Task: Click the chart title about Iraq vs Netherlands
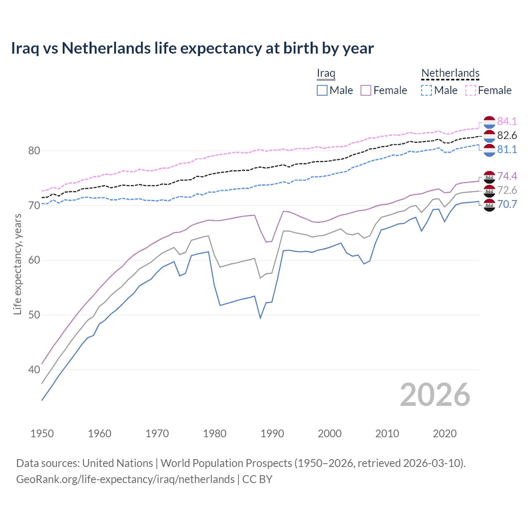click(192, 48)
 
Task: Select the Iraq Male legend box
click(322, 90)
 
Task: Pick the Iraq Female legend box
click(366, 90)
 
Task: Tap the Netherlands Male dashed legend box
click(427, 90)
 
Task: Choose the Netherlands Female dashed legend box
click(471, 90)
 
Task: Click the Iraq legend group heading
click(326, 73)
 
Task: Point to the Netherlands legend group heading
click(450, 73)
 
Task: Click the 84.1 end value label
click(507, 121)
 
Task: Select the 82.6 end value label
click(507, 135)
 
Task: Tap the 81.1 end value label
click(507, 149)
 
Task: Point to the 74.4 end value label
click(507, 176)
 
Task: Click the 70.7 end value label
click(507, 204)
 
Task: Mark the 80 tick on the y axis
click(34, 151)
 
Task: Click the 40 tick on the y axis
click(34, 370)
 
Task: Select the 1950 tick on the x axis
click(42, 434)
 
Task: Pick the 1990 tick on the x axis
click(272, 434)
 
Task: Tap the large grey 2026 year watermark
click(435, 395)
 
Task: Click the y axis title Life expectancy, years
click(17, 264)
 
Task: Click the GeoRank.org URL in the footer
click(125, 479)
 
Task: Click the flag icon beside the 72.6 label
click(489, 191)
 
